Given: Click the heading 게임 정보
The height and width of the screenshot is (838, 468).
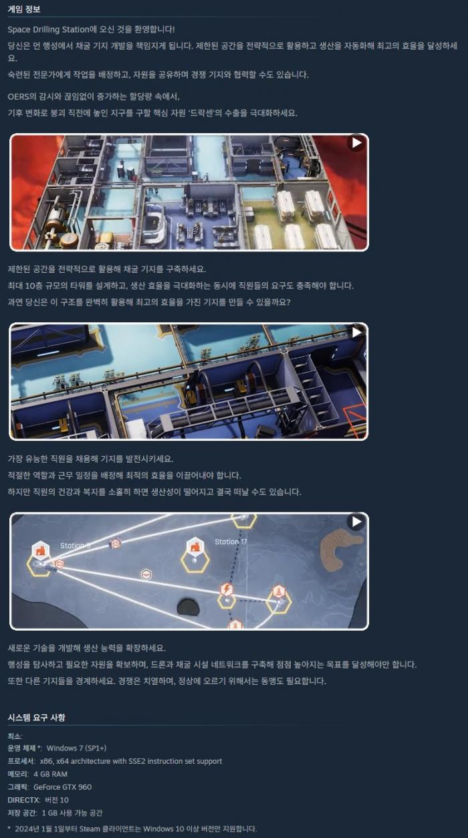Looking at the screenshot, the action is point(24,9).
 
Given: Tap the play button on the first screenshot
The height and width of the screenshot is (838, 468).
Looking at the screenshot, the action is point(356,142).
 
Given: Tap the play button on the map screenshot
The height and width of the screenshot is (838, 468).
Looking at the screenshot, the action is point(356,522).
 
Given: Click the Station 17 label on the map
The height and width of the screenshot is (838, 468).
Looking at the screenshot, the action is point(231,541).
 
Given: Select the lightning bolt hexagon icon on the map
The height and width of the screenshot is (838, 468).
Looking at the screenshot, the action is point(227,589).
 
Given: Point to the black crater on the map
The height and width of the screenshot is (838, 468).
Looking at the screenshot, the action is point(188,607).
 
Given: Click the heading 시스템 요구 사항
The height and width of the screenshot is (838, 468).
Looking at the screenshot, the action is point(36,718).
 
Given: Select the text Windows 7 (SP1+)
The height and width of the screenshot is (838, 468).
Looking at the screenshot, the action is point(77,748).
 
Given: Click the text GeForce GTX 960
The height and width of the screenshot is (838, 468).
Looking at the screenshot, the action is point(62,787).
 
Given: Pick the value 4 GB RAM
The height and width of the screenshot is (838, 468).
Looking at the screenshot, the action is point(51,774).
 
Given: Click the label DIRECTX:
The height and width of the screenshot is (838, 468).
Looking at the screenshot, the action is point(24,800).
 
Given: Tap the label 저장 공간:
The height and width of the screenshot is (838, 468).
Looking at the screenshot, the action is point(23,813).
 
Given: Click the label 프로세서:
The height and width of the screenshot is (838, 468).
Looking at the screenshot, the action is point(21,761).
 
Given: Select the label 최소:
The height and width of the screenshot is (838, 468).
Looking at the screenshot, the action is point(15,736).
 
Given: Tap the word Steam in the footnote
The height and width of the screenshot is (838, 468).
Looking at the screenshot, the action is point(90,829).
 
